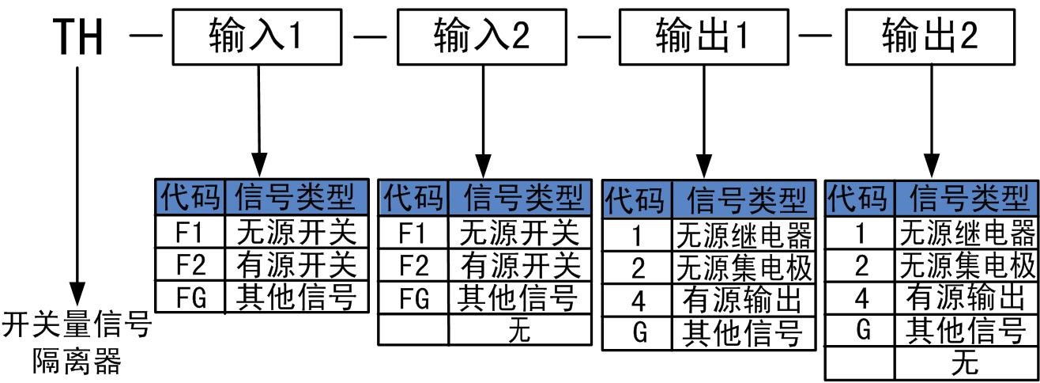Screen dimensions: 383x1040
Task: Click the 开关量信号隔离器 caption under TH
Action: [77, 344]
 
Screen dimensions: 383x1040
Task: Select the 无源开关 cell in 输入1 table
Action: [296, 233]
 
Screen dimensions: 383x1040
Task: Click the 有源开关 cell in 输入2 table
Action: [520, 264]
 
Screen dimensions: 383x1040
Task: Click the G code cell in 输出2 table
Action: [861, 331]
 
